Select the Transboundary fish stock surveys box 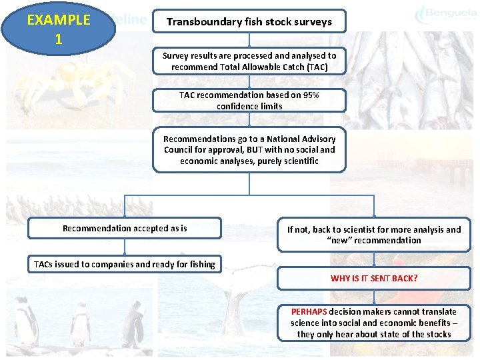point(249,21)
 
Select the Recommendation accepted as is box point(125,229)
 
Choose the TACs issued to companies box point(125,264)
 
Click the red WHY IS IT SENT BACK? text point(374,278)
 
